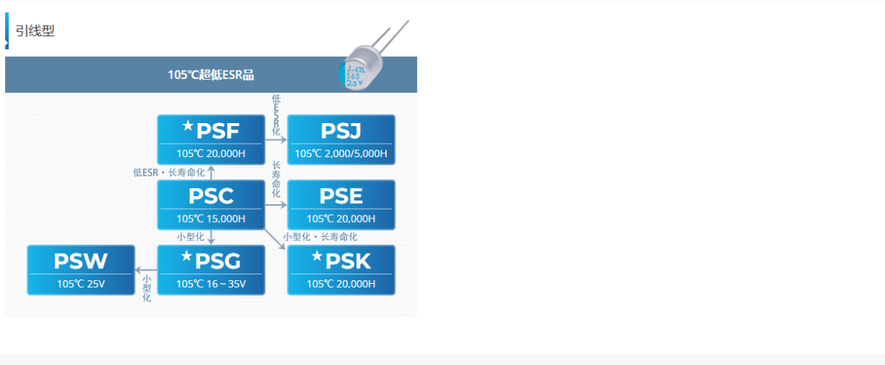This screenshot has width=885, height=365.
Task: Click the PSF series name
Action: [x=218, y=131]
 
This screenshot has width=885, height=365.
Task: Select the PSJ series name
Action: [x=341, y=131]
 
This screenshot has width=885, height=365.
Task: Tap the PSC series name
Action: [x=211, y=196]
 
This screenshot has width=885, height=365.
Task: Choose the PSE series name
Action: [x=341, y=196]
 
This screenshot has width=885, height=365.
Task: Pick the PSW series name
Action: [x=80, y=261]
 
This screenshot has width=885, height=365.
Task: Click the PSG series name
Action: [x=218, y=261]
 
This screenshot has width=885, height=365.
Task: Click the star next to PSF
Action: [x=188, y=127]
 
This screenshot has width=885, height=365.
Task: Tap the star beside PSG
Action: [x=186, y=257]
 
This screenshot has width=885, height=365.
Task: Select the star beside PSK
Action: [x=317, y=257]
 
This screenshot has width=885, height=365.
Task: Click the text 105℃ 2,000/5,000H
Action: [x=341, y=154]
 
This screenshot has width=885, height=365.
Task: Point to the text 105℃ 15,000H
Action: [x=211, y=219]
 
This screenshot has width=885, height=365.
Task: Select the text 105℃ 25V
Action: [x=81, y=284]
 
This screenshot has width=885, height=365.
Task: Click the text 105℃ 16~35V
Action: [x=211, y=284]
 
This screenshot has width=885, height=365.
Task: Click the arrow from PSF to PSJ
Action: [x=276, y=139]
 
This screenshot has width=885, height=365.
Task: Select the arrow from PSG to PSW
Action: [x=146, y=270]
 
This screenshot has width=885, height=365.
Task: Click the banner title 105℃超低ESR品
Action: [x=211, y=74]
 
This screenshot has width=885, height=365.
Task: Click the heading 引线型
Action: [x=35, y=31]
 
